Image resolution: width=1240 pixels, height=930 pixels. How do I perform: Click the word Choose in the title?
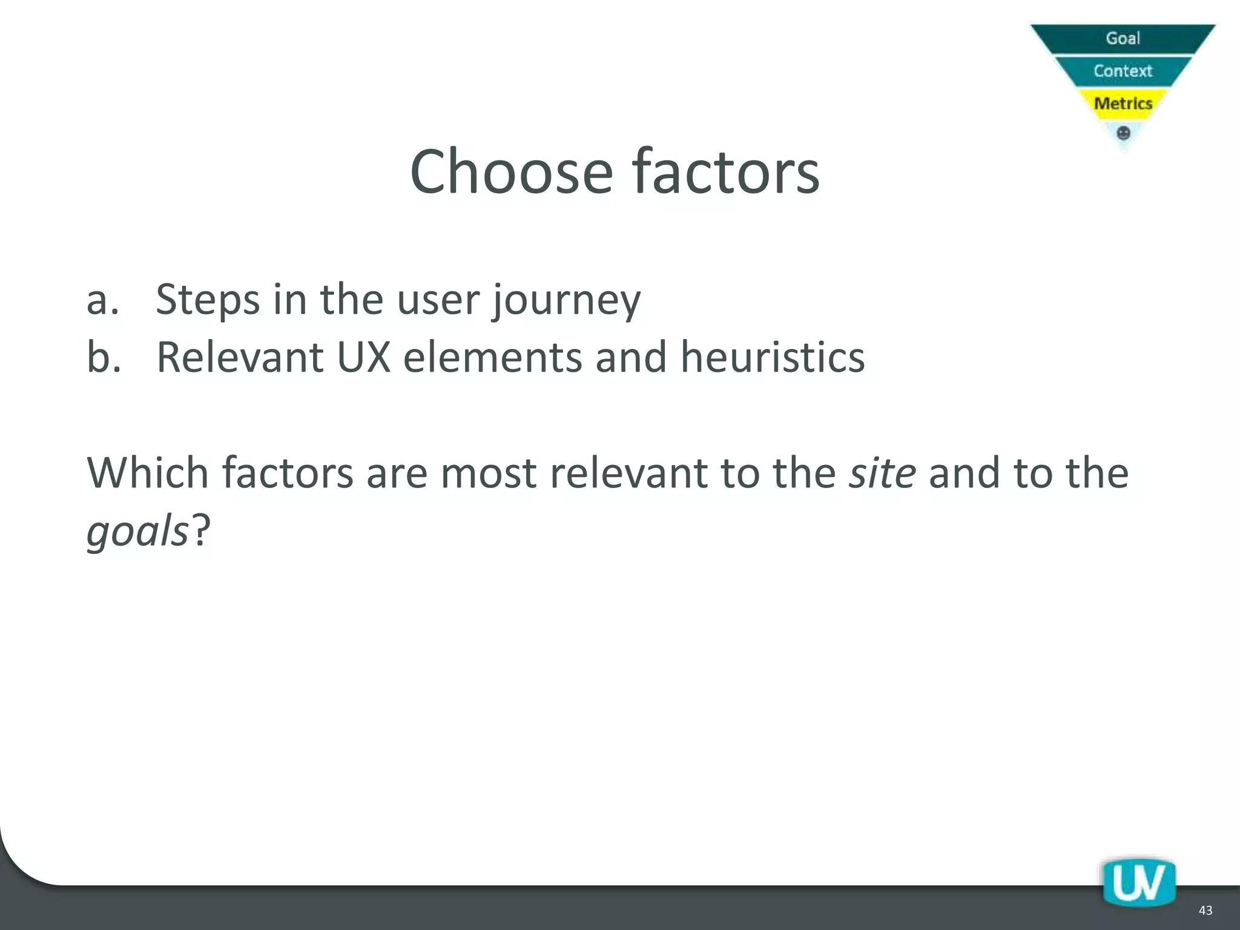(x=512, y=172)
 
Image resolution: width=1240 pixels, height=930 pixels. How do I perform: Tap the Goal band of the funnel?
(x=1123, y=38)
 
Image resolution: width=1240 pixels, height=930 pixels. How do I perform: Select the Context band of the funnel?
(x=1123, y=71)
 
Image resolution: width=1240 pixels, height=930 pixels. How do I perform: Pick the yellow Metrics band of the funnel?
(x=1123, y=104)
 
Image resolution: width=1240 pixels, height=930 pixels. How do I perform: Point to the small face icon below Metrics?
(x=1123, y=133)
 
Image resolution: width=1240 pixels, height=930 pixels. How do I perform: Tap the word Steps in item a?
(x=208, y=299)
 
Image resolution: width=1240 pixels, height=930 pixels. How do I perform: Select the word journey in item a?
(x=566, y=300)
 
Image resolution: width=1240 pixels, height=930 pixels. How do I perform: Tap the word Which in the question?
(x=148, y=472)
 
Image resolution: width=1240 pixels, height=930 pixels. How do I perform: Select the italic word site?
(x=882, y=472)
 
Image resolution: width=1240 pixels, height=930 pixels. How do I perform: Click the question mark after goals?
(x=201, y=530)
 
